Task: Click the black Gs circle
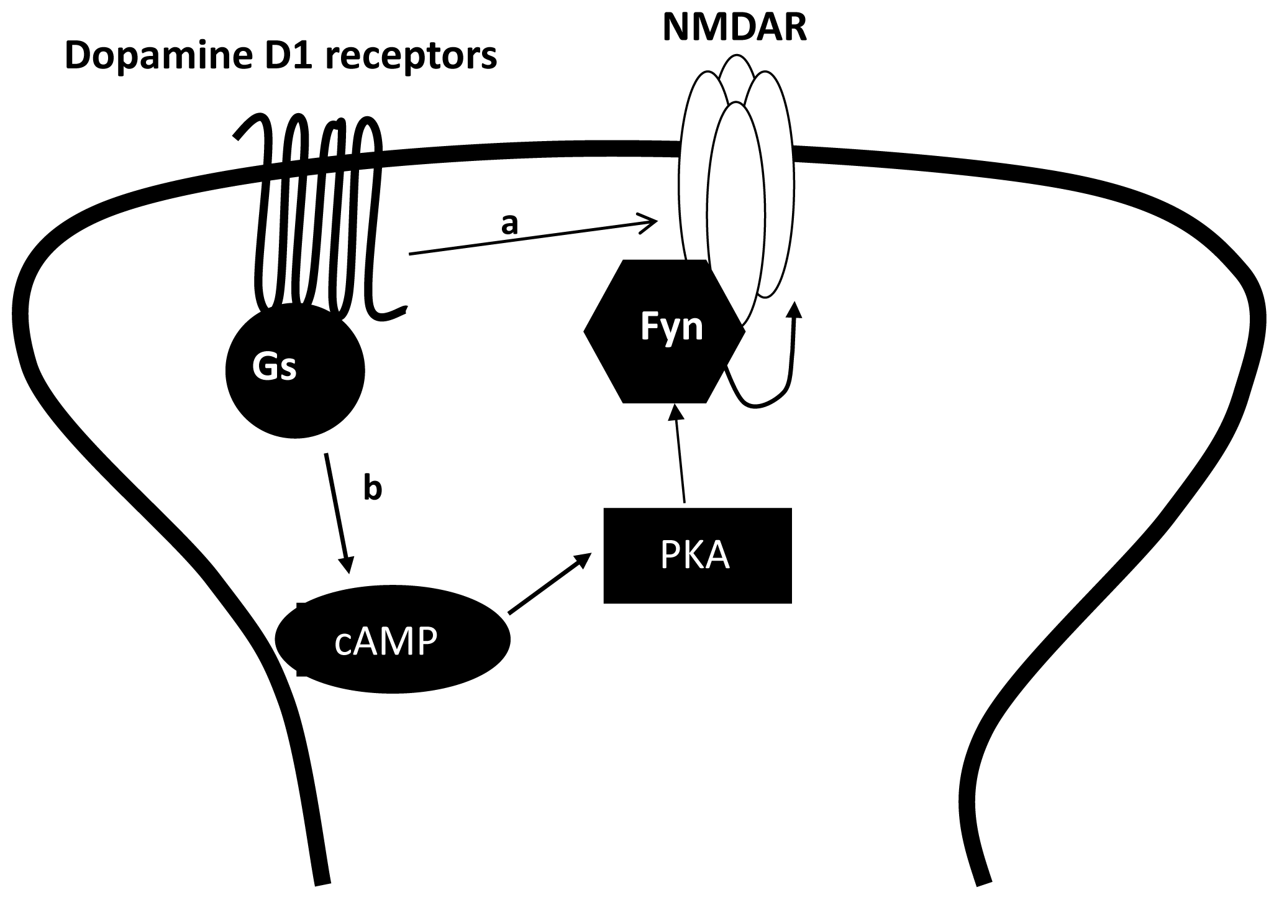pyautogui.click(x=294, y=371)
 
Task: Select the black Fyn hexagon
pyautogui.click(x=665, y=331)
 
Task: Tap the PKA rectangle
pyautogui.click(x=697, y=555)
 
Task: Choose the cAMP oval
pyautogui.click(x=392, y=641)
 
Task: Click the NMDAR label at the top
pyautogui.click(x=735, y=28)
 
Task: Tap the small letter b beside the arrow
pyautogui.click(x=372, y=489)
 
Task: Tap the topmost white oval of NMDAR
pyautogui.click(x=736, y=68)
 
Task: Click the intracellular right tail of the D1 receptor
pyautogui.click(x=391, y=314)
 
